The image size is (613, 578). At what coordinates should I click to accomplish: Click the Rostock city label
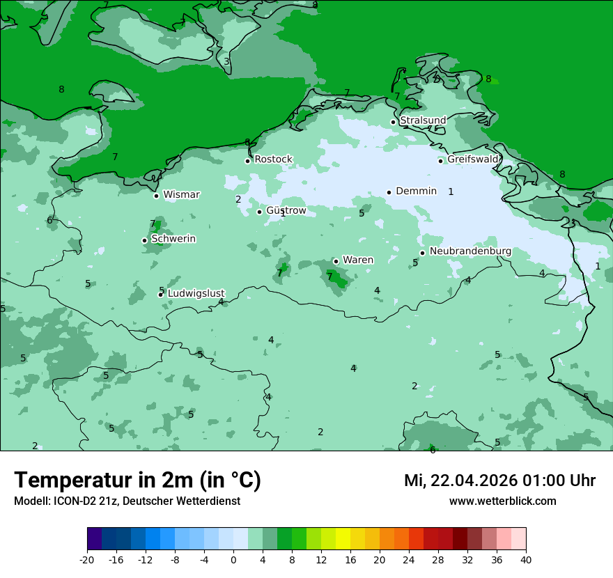[x=273, y=159]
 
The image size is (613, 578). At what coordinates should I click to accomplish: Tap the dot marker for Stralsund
[x=393, y=122]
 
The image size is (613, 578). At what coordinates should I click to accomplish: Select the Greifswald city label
[x=473, y=159]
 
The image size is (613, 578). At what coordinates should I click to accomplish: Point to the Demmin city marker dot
[x=389, y=192]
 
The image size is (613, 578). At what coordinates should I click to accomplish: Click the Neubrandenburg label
[x=470, y=251]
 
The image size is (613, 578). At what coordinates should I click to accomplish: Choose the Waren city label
[x=358, y=260]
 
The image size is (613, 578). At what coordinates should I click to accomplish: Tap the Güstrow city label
[x=286, y=211]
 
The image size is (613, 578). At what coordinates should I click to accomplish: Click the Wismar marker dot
[x=156, y=196]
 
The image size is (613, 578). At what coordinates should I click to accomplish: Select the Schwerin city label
[x=173, y=239]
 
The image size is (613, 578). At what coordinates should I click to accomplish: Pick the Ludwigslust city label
[x=196, y=294]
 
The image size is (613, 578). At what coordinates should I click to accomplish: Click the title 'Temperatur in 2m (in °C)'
[x=137, y=480]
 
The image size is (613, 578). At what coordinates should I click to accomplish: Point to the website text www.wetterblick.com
[x=502, y=501]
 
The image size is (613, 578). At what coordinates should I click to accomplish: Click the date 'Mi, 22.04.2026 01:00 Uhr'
[x=499, y=481]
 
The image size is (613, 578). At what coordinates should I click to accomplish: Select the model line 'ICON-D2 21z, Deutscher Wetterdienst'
[x=127, y=501]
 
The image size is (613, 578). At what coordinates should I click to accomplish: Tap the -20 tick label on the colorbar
[x=87, y=559]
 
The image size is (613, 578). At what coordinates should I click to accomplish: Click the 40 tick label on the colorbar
[x=526, y=559]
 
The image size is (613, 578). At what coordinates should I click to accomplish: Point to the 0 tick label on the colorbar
[x=233, y=559]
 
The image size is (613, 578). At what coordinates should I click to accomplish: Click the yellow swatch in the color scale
[x=343, y=539]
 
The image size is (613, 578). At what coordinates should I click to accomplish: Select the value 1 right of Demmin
[x=451, y=192]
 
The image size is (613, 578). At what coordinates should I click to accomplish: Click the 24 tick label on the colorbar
[x=409, y=559]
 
